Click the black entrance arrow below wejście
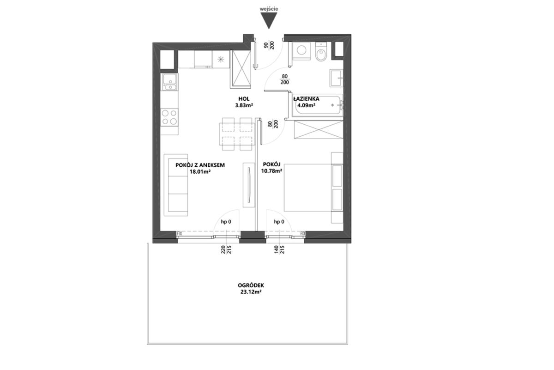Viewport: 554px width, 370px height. click(269, 20)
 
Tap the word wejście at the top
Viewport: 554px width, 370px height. click(269, 9)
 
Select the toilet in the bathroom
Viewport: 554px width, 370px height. click(321, 52)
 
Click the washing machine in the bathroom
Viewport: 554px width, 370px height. click(301, 51)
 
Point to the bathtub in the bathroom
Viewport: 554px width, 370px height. click(317, 105)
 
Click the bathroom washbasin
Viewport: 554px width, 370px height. click(337, 78)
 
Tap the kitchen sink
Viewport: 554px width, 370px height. click(169, 82)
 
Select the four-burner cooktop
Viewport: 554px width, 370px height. click(169, 117)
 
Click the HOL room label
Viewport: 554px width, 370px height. click(244, 99)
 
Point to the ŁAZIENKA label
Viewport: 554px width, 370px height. click(306, 99)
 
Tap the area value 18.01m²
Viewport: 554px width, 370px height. click(200, 171)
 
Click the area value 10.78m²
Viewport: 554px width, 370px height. click(271, 171)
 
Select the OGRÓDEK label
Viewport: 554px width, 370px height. click(251, 285)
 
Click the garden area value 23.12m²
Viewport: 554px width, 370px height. click(251, 292)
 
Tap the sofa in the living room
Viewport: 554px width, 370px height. click(176, 185)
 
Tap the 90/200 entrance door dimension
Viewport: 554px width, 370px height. click(269, 45)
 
